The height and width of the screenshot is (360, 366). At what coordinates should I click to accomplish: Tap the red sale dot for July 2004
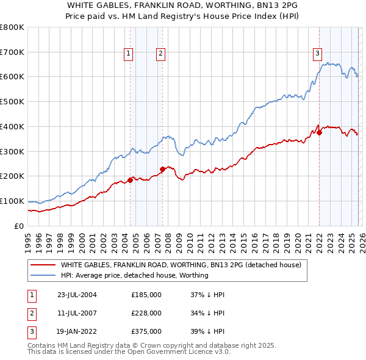click(x=130, y=180)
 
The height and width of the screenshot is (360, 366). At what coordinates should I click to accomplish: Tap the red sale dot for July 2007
click(x=162, y=169)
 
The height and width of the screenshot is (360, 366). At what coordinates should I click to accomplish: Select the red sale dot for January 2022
click(x=319, y=132)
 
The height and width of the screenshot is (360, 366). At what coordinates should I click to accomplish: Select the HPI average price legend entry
click(x=134, y=275)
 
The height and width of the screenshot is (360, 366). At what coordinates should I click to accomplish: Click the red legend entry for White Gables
click(x=181, y=265)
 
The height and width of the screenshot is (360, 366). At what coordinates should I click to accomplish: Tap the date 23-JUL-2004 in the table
click(x=77, y=295)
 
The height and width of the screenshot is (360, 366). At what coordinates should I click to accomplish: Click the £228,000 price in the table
click(x=146, y=313)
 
